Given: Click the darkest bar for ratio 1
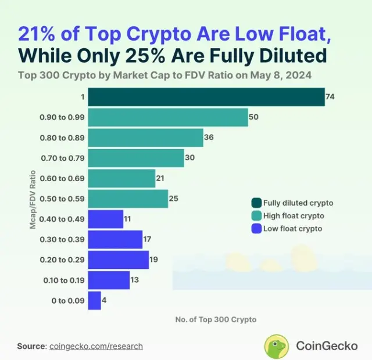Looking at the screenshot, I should (206, 97).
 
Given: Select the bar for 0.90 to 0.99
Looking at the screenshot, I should (167, 117).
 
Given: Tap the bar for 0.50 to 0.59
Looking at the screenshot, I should (127, 199).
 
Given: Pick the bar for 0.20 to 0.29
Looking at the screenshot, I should (118, 260).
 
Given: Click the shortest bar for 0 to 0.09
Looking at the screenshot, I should (94, 300).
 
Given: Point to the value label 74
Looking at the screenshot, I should (330, 97).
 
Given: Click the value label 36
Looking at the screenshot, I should (209, 138).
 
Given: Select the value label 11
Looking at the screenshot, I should (128, 219).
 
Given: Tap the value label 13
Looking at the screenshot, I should (135, 280).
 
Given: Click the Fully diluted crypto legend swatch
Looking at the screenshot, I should (255, 203).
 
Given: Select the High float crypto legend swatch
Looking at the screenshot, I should (255, 216).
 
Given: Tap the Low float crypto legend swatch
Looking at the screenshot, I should (255, 229).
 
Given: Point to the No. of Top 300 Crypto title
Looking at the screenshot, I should (215, 319).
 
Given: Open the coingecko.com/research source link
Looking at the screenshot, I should (96, 346).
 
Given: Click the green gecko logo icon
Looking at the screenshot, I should (277, 346).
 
